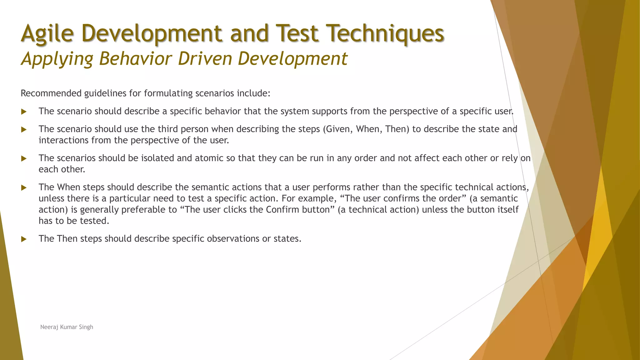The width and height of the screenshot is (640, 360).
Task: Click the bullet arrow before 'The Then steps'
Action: tap(24, 239)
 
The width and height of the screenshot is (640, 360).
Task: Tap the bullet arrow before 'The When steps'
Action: tap(24, 187)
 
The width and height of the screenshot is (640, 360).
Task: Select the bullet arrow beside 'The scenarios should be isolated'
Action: tap(24, 158)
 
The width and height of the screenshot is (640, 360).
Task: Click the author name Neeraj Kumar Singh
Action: tap(67, 327)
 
